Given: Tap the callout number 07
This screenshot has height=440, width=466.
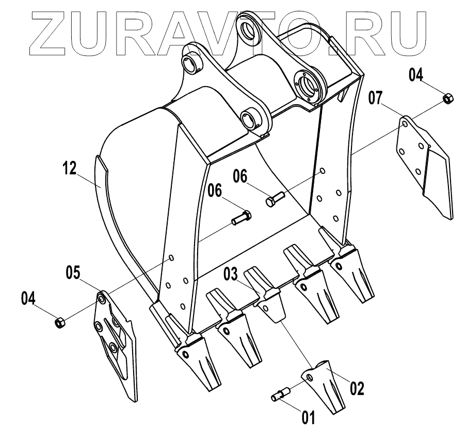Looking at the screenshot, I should point(377,97).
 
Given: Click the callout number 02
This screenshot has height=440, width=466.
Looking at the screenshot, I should point(357,388).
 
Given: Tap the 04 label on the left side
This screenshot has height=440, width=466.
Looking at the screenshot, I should point(29,298).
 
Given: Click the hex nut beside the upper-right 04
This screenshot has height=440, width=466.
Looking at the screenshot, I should point(447,97).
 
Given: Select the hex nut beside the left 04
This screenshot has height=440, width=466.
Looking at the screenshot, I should point(59,323).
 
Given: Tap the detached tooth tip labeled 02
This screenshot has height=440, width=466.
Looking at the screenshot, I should point(322,384).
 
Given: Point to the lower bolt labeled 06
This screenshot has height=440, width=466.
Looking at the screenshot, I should point(240,218).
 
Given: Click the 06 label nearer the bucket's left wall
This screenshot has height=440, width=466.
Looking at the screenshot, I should point(215,191).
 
